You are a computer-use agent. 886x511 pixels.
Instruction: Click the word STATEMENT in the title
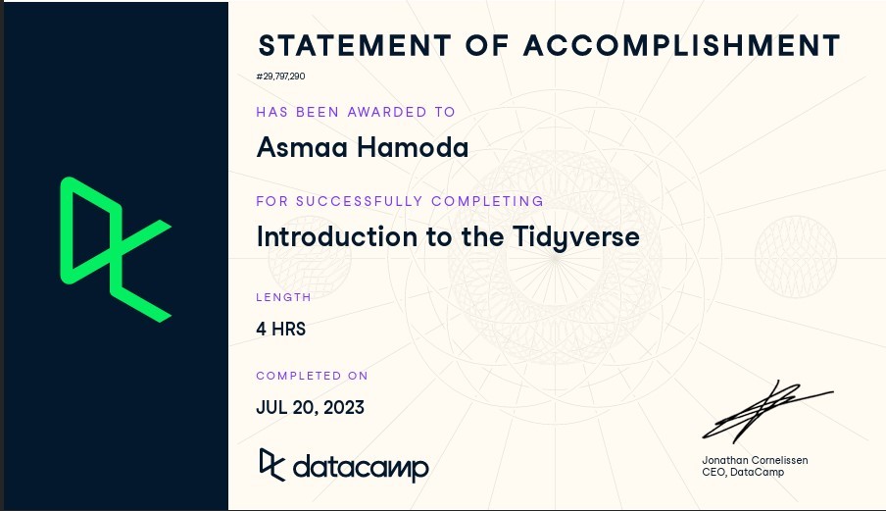coord(355,46)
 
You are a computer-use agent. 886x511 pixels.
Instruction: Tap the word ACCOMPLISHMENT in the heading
coord(682,46)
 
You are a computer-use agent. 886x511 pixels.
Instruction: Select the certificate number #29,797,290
coord(281,77)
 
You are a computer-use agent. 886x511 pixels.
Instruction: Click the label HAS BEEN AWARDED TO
coord(356,112)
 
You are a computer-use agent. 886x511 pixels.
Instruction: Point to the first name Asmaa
coord(302,147)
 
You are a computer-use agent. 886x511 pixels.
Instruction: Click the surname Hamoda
coord(413,147)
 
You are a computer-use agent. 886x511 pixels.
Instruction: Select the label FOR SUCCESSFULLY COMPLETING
coord(400,201)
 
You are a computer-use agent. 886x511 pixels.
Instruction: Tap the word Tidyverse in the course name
coord(576,237)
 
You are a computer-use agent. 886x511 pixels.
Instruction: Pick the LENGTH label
coord(283,297)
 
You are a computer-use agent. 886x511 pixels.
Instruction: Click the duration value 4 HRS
coord(281,329)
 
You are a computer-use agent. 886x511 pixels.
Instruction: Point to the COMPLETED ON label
coord(312,376)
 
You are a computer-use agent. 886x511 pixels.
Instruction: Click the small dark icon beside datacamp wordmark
coord(271,465)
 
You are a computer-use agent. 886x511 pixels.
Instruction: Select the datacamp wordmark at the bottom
coord(361,468)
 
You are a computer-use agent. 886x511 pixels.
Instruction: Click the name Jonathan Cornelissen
coord(755,460)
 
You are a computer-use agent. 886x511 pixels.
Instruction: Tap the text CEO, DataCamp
coord(743,472)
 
